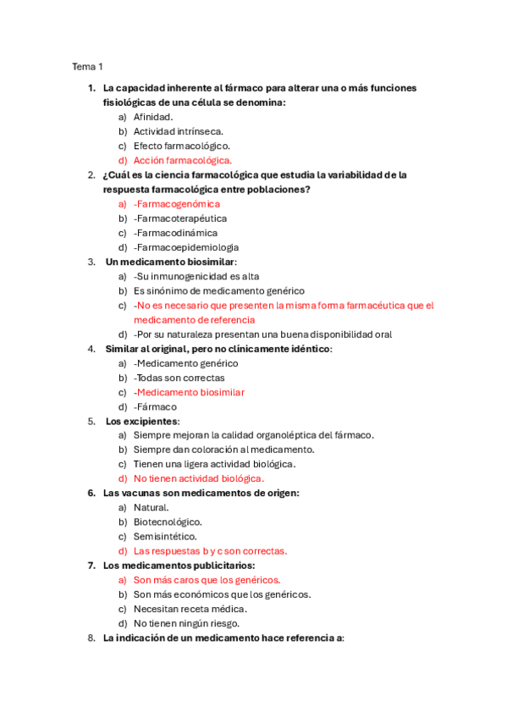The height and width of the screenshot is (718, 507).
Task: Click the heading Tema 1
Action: click(x=87, y=66)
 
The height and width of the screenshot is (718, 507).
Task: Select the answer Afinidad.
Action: click(x=153, y=117)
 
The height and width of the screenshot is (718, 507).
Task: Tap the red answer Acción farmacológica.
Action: click(x=182, y=160)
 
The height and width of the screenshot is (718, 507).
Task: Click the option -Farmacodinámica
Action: click(x=175, y=233)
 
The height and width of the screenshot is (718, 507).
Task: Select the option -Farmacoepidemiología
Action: click(x=185, y=247)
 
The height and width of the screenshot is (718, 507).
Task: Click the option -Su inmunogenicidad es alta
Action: click(x=196, y=276)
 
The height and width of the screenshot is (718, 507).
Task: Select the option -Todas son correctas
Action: click(x=179, y=378)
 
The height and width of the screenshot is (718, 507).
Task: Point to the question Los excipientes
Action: click(x=142, y=421)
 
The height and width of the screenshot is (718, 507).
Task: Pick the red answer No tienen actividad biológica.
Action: click(x=193, y=478)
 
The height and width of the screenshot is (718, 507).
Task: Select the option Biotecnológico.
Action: click(x=168, y=522)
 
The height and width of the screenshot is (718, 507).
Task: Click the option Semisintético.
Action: click(x=165, y=536)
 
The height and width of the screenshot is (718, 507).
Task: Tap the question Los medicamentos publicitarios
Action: click(x=179, y=565)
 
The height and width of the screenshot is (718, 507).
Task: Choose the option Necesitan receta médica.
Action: click(x=190, y=609)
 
